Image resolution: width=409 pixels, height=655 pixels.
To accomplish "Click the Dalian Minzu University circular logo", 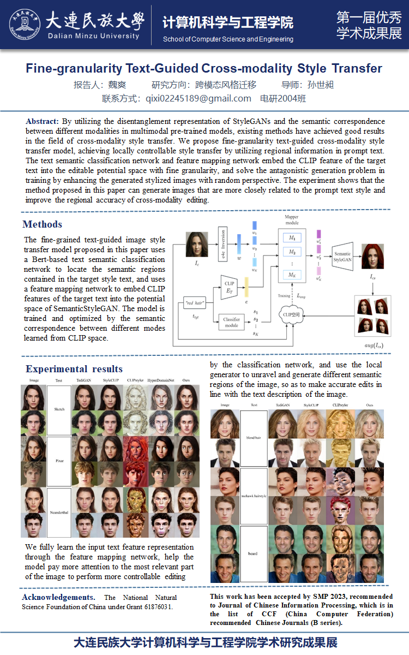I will coord(25,24).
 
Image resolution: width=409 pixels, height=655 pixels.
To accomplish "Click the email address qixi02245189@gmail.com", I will coord(198,99).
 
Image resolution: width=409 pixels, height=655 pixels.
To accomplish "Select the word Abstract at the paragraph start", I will coord(42,121).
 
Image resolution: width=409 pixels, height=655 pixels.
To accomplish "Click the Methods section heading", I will coord(43,224).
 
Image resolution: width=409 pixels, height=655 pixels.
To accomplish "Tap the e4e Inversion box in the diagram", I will coord(223,244).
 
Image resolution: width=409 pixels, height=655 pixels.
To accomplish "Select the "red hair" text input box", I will coord(195,303).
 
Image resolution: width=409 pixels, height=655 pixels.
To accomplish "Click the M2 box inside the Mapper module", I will coord(292,252).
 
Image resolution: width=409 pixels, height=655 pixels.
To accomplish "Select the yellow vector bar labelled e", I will coord(246,287).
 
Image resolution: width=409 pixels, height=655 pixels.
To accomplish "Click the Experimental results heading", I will coord(74,369).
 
